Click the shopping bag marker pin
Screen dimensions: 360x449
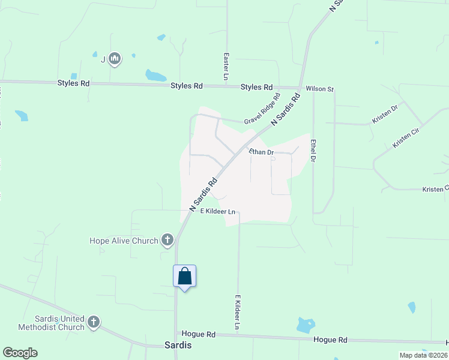click(x=185, y=277)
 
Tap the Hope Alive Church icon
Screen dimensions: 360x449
click(x=167, y=241)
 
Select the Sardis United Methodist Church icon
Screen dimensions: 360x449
click(x=93, y=323)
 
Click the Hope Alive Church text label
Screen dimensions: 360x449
click(x=124, y=241)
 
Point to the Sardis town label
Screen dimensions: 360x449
click(x=178, y=345)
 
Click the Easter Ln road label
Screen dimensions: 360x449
click(x=226, y=65)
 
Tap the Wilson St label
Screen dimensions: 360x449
click(x=319, y=89)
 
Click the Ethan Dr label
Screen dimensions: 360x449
click(x=261, y=152)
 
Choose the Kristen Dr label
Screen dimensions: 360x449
click(x=385, y=115)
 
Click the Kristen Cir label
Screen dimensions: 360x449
click(x=405, y=137)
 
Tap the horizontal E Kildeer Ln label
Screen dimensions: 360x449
click(x=217, y=211)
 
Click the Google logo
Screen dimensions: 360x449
click(x=20, y=353)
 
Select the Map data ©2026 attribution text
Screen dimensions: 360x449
click(x=423, y=355)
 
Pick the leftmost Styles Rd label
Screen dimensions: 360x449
click(x=73, y=83)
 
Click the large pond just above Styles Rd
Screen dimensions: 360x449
click(x=155, y=76)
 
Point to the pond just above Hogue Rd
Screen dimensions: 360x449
click(x=306, y=325)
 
